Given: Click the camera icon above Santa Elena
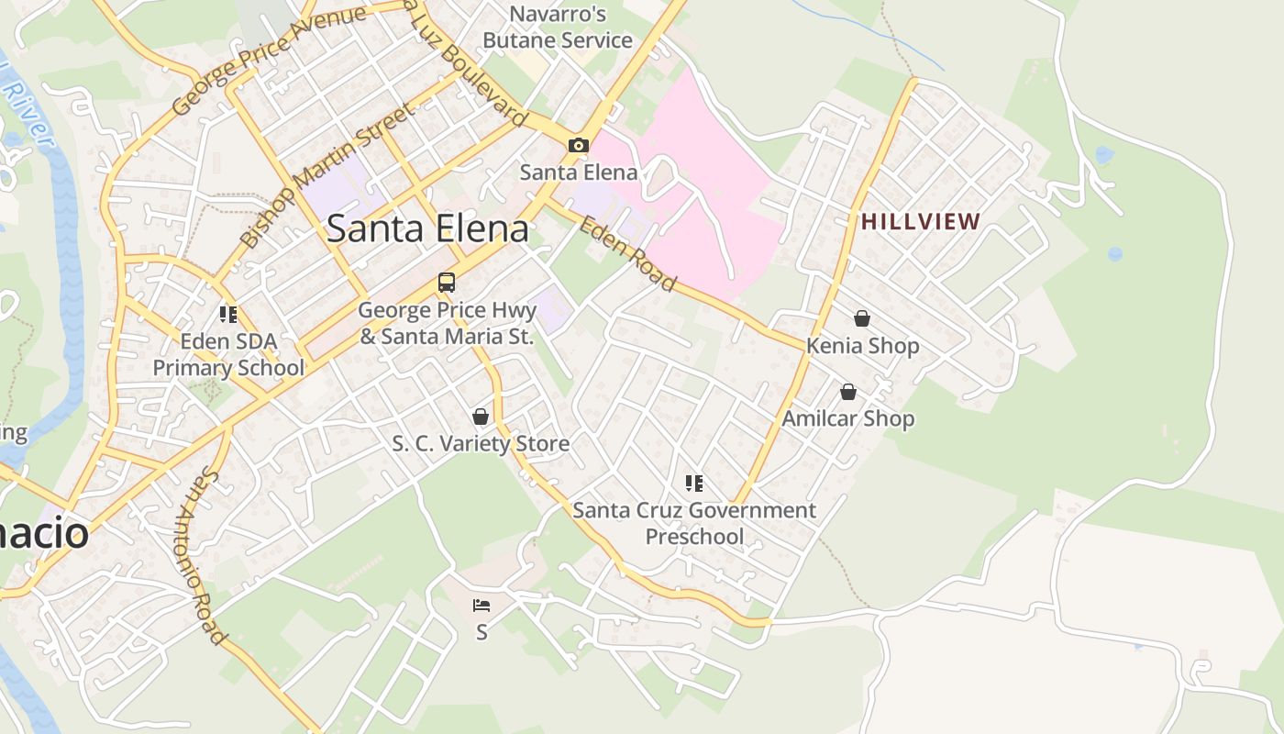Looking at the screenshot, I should [x=578, y=145].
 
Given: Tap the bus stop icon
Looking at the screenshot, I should [x=447, y=283].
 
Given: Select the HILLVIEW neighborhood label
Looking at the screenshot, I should [x=921, y=221].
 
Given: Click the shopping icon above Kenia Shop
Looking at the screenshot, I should [x=862, y=318].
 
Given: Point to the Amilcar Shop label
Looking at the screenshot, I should [x=848, y=419].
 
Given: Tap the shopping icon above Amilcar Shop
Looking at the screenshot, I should [x=848, y=392].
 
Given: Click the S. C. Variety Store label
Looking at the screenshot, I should [x=481, y=444].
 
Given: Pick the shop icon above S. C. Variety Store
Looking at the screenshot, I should [x=480, y=417].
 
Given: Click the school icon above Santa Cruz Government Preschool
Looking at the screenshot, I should [x=694, y=483].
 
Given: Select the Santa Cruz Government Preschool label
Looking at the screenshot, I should [x=694, y=523].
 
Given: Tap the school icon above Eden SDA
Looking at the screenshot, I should [x=228, y=315].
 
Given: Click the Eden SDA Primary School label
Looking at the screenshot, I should [x=228, y=355].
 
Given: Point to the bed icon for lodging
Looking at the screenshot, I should [x=481, y=605].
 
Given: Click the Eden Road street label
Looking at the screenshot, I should [x=627, y=254].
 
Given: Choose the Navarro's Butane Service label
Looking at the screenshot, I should [x=558, y=28].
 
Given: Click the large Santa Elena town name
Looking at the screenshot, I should [x=427, y=228].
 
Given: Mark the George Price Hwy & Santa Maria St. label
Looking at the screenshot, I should [x=447, y=324].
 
